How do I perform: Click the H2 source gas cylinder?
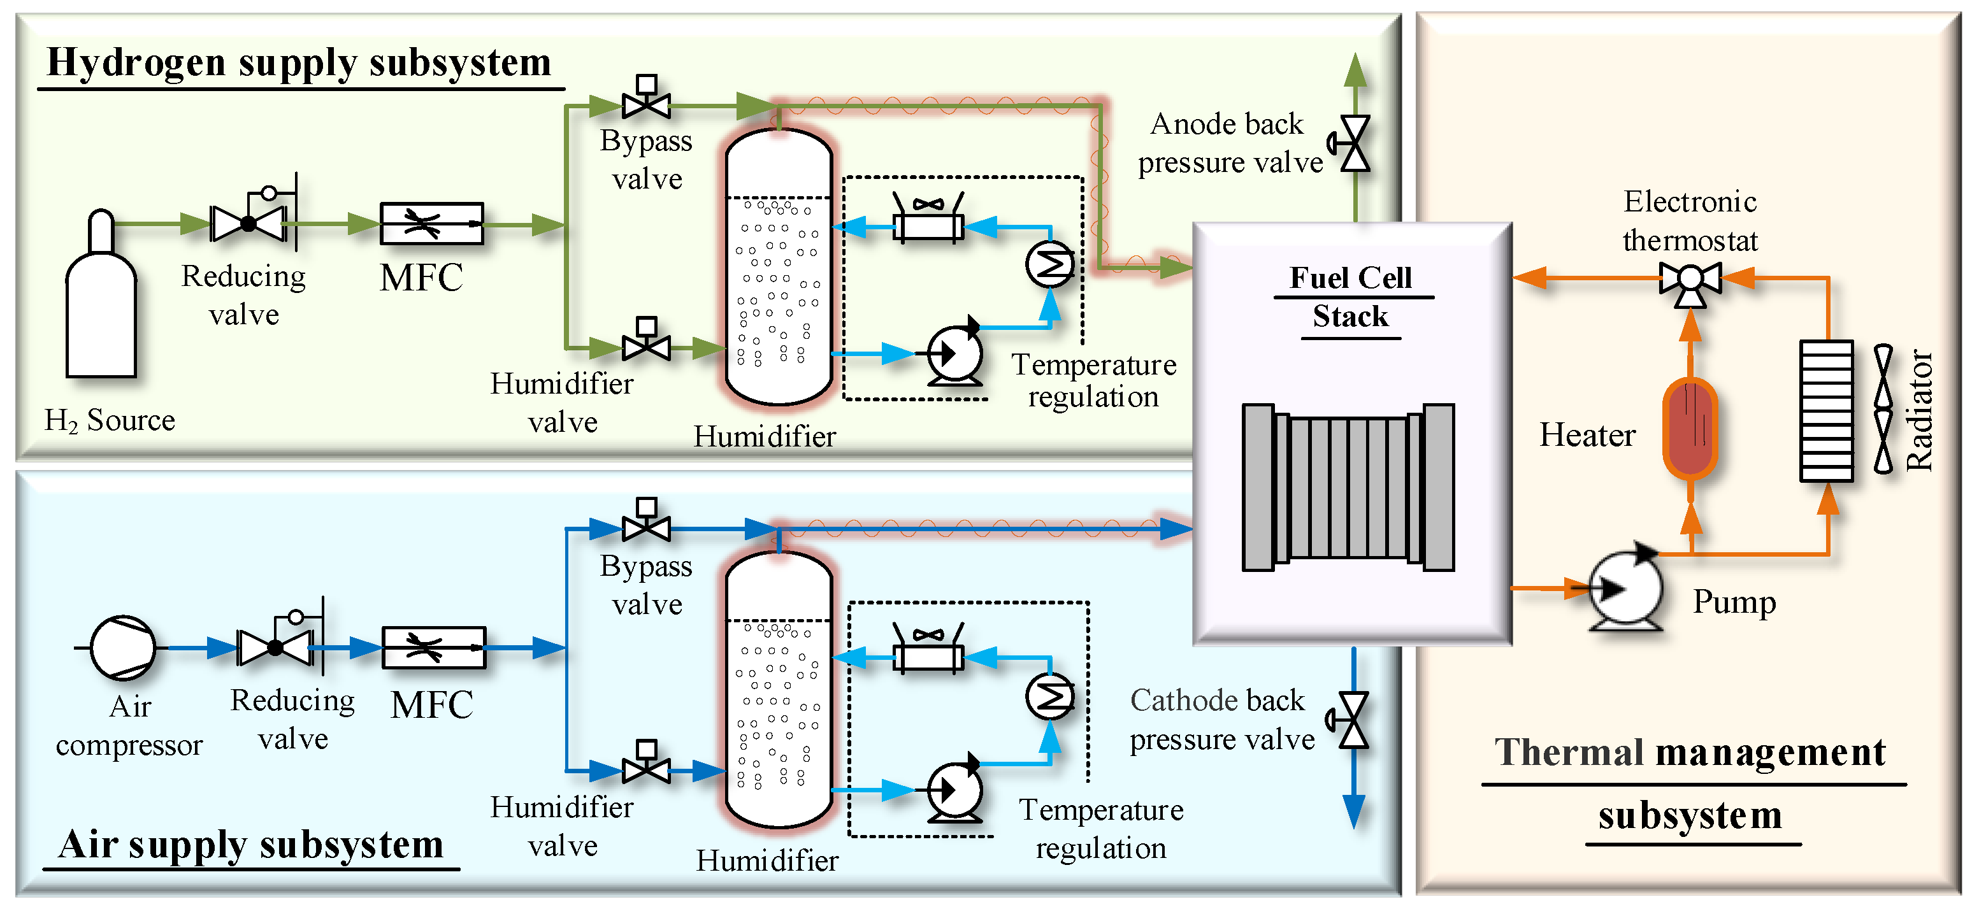(101, 307)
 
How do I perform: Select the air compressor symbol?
(123, 648)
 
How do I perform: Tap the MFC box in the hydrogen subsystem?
(432, 224)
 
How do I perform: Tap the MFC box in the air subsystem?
(433, 648)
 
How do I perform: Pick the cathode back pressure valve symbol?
(1352, 720)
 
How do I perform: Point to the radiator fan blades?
(1883, 409)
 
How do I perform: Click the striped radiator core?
(1826, 411)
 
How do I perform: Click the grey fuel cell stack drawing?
(1348, 487)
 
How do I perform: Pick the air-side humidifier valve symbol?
(646, 768)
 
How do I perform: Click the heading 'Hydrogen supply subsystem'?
(299, 62)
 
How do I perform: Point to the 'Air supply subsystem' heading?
(251, 844)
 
